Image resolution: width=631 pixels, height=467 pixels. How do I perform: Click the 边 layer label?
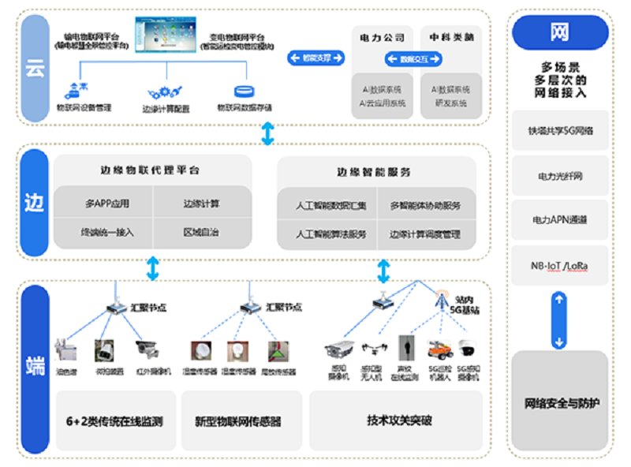coord(35,203)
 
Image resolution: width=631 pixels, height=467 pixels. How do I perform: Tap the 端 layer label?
coord(35,366)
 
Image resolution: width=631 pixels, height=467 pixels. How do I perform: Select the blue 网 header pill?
coord(560,32)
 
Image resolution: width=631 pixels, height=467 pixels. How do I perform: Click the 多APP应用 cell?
coord(107,204)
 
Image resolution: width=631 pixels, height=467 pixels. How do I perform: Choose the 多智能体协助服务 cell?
coord(425,206)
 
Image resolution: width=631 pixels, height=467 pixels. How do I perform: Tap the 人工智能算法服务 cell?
coord(331,234)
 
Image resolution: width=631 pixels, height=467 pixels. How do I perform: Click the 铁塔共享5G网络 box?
coord(560,130)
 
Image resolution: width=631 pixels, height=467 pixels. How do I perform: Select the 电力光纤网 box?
coord(560,175)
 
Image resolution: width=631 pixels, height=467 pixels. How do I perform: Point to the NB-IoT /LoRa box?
coord(560,267)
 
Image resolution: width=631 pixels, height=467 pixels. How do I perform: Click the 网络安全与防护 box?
coord(560,403)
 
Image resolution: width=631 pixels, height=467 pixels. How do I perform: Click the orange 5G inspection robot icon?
coord(439,349)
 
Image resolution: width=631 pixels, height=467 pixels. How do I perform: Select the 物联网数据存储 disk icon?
coord(244,92)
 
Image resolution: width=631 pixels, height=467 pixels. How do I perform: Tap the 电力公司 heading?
coord(383,37)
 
